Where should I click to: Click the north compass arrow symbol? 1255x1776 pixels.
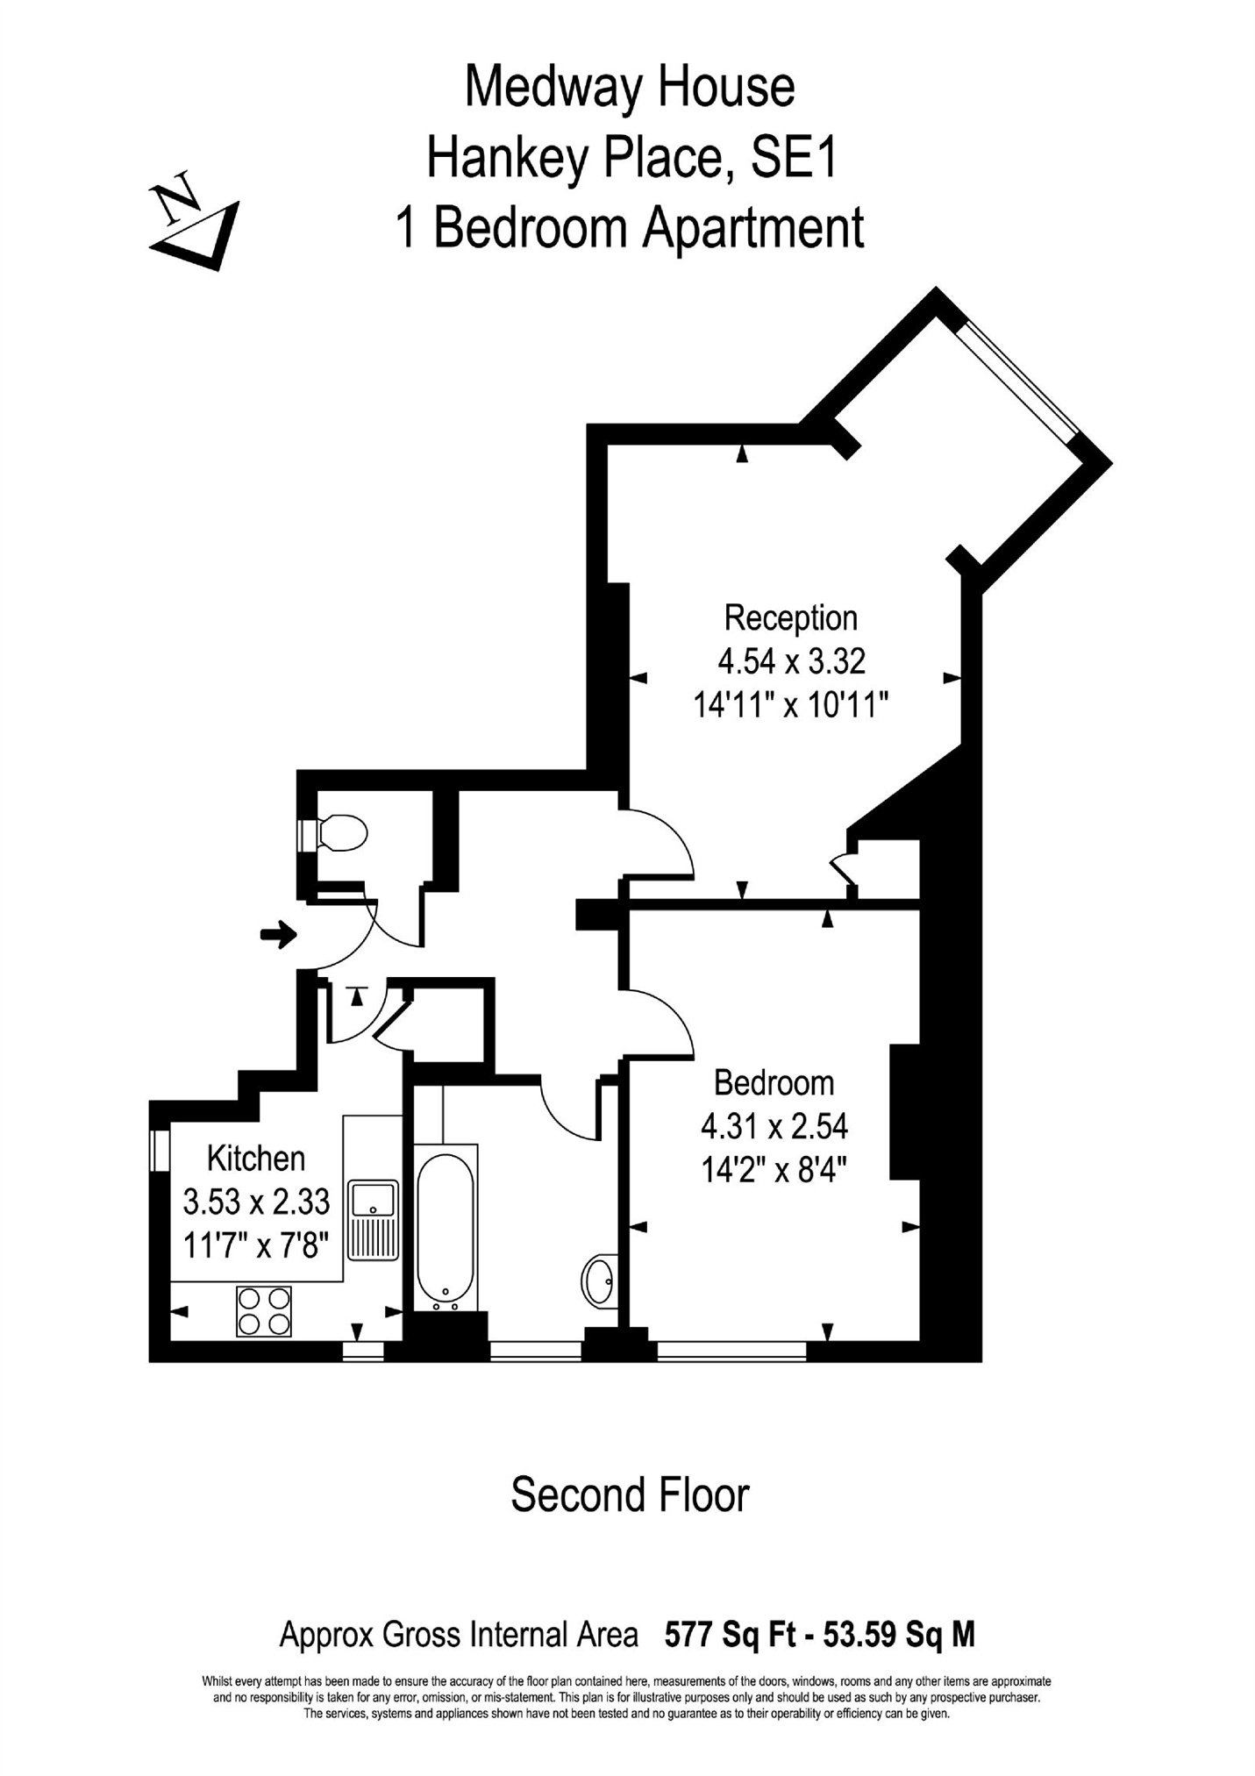[x=195, y=223]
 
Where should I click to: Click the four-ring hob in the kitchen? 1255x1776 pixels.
[x=263, y=1311]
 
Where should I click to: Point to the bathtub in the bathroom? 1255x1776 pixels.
[x=446, y=1227]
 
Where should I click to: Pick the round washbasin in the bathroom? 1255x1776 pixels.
[x=600, y=1281]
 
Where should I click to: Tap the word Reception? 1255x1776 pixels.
[x=790, y=618]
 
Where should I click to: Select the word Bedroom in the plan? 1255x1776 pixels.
[x=774, y=1083]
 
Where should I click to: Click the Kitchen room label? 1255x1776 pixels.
[x=256, y=1159]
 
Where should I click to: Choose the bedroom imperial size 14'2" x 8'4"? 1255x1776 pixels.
[x=774, y=1170]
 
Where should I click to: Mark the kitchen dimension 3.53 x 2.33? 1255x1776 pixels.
[x=256, y=1202]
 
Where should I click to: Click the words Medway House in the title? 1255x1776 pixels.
[x=629, y=88]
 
